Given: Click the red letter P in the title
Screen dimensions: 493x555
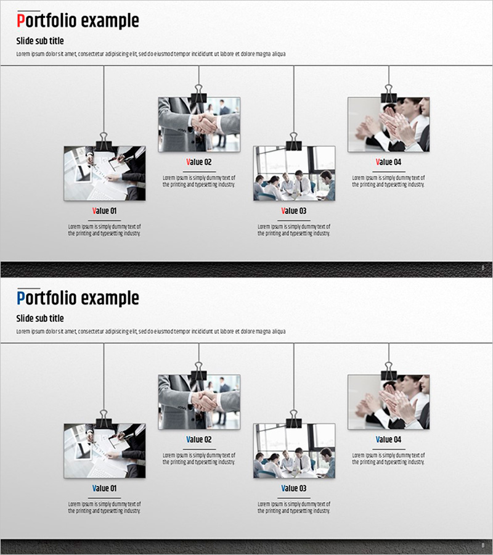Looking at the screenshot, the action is point(21,20).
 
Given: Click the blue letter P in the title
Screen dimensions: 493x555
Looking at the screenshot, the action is point(21,298).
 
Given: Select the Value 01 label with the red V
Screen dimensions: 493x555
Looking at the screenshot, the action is point(104,211).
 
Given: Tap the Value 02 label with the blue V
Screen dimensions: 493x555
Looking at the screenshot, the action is point(199,439).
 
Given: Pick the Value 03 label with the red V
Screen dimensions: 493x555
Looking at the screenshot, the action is point(293,211).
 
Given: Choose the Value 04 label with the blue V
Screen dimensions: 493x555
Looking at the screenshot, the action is point(388,439).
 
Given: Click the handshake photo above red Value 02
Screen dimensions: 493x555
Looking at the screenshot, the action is point(199,125).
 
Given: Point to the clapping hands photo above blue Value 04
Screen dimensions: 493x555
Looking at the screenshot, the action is point(389,402).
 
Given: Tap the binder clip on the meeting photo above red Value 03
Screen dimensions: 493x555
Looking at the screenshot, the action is point(293,142).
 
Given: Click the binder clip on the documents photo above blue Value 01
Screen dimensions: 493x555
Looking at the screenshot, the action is point(104,419).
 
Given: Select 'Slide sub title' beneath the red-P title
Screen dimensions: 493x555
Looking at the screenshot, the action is point(40,41).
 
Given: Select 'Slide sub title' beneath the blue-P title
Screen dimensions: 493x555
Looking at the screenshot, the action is point(40,318).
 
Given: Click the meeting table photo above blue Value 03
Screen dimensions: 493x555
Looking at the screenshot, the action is point(294,451).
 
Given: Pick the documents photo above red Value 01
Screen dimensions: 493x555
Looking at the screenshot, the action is point(105,173).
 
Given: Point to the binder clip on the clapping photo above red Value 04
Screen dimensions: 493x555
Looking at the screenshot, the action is point(389,93).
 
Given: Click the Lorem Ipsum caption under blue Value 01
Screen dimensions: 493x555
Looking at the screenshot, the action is point(104,508).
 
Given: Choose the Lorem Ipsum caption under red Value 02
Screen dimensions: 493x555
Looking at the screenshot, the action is point(199,181).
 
